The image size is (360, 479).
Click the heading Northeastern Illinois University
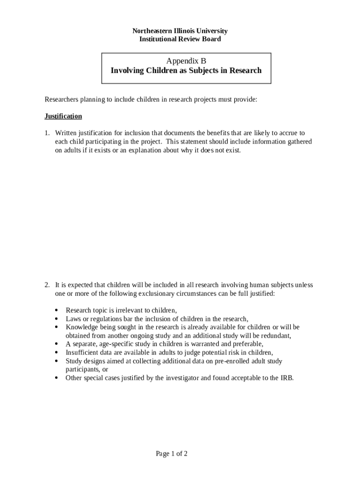180,31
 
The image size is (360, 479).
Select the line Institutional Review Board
180,39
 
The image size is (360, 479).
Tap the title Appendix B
186,61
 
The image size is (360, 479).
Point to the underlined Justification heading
63,116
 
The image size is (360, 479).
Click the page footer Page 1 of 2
172,454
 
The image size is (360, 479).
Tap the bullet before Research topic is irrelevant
57,310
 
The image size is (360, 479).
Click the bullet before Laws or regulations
57,319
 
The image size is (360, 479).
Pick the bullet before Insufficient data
57,353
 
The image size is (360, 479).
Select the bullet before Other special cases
57,378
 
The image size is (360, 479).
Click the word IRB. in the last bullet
287,378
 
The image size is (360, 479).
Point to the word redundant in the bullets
275,336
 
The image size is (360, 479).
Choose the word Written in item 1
65,133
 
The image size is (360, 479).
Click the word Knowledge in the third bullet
82,327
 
